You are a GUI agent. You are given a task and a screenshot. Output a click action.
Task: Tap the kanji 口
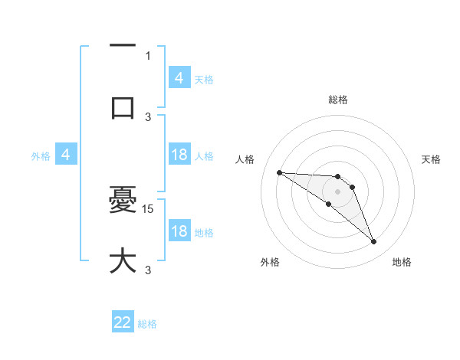tap(123, 108)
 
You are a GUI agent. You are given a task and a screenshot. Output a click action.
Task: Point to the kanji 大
tap(123, 260)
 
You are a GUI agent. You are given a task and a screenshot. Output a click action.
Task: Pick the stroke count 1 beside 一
tap(148, 56)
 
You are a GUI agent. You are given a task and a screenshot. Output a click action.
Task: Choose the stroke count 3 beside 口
tap(148, 116)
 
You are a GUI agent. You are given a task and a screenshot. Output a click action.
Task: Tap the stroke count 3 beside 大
tap(148, 270)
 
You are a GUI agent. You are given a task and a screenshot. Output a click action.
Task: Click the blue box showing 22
tap(123, 322)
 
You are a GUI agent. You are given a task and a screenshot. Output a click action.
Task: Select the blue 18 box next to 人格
tap(179, 155)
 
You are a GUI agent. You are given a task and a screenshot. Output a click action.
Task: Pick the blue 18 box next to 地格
tap(179, 231)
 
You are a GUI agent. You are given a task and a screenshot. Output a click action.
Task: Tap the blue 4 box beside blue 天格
tap(179, 77)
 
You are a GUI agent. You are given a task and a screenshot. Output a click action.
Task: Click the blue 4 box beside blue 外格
tap(66, 155)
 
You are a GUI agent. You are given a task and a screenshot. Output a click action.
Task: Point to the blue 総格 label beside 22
tap(147, 324)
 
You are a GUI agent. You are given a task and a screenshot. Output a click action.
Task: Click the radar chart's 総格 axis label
tap(337, 100)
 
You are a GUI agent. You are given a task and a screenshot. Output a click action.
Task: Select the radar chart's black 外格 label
tap(270, 263)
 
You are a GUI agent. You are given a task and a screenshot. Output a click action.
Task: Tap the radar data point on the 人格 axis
tap(279, 172)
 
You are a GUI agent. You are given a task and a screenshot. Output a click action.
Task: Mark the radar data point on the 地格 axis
tap(374, 242)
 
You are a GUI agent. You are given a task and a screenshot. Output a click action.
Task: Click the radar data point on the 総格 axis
tap(337, 176)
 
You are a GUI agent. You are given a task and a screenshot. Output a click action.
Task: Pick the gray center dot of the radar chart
tap(337, 191)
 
